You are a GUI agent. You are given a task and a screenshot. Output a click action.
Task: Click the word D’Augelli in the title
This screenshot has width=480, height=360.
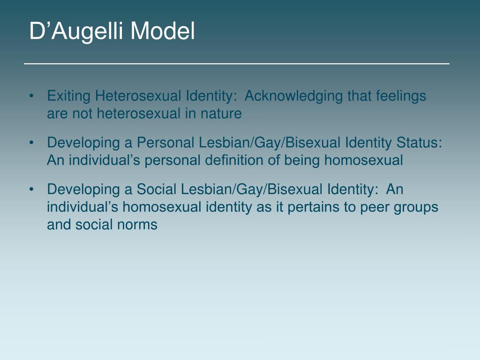click(x=77, y=32)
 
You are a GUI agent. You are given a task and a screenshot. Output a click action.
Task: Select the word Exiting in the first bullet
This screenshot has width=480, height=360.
click(x=69, y=96)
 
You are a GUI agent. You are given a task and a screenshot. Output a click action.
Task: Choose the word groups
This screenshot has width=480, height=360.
click(x=415, y=207)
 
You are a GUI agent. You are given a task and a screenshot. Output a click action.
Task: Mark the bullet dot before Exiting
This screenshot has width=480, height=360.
click(x=31, y=97)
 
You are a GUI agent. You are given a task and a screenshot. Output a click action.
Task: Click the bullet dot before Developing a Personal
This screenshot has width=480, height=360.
click(x=31, y=143)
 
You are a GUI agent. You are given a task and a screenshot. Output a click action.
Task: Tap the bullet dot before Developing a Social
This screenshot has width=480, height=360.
click(x=31, y=190)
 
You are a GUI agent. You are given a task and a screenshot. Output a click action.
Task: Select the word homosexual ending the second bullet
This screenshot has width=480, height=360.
click(x=363, y=160)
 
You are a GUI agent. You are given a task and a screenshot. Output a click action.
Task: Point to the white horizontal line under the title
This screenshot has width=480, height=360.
click(x=237, y=63)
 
